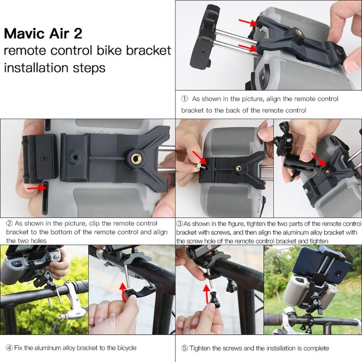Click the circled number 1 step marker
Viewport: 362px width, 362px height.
click(x=184, y=98)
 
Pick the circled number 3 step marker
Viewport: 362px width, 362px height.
click(x=180, y=224)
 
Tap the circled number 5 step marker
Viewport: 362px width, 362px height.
click(x=184, y=348)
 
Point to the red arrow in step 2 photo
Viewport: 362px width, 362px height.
click(x=35, y=186)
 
